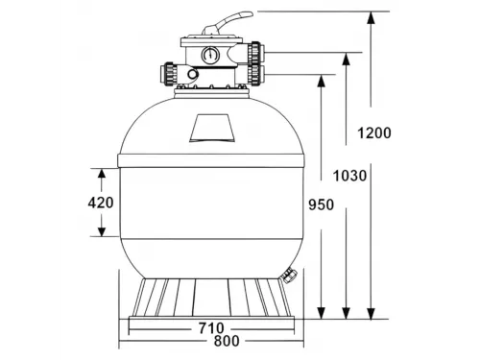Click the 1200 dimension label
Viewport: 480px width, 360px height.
pos(374,132)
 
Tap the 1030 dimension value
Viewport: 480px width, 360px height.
pos(349,176)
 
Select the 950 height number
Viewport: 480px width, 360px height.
pos(321,204)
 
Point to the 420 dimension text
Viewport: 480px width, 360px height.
pos(101,203)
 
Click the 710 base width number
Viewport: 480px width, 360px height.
pos(211,328)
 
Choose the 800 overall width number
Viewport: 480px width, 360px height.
pos(227,341)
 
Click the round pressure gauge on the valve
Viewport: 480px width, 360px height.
pos(210,55)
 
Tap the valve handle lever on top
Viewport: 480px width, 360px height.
pos(228,22)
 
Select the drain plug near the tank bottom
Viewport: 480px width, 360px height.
pos(290,276)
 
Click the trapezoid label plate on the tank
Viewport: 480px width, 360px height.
pos(212,128)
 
